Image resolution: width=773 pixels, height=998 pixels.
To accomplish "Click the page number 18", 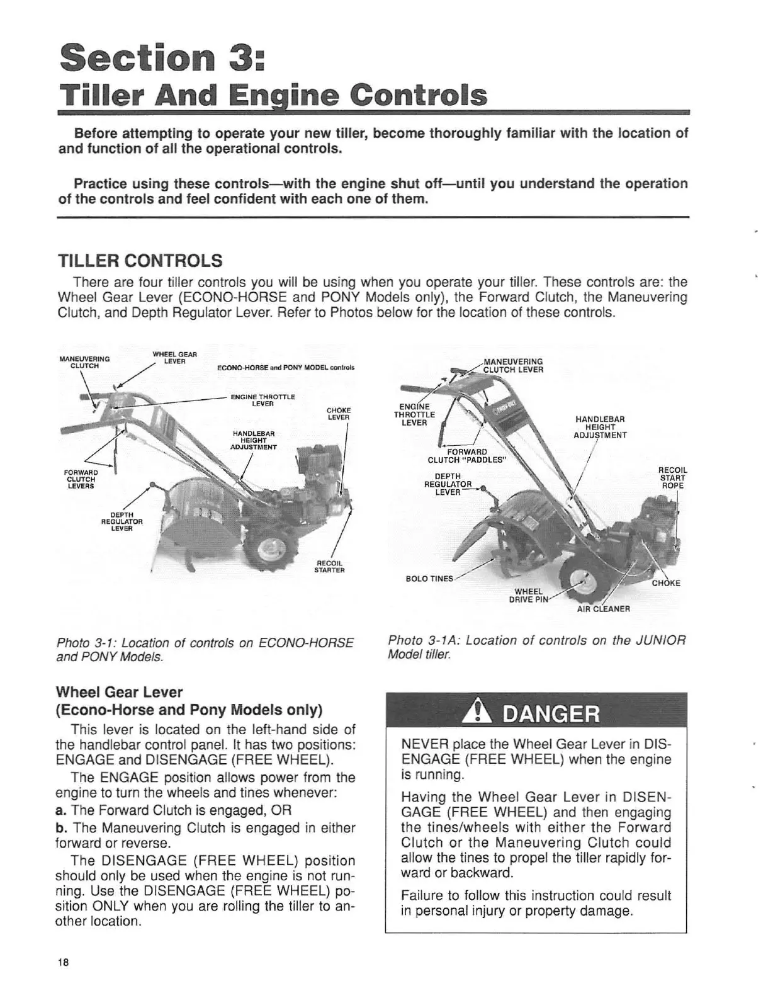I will tap(63, 962).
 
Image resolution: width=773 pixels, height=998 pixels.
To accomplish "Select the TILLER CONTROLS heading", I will tap(140, 260).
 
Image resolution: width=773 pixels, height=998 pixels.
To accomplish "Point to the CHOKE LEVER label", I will tap(339, 414).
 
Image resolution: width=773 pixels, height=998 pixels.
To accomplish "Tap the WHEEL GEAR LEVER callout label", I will tap(175, 358).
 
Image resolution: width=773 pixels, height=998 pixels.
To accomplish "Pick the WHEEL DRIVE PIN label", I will tap(528, 595).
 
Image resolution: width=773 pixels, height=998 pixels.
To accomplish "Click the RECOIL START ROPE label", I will tap(672, 477).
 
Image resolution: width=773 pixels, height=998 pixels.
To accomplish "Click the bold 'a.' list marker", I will tap(62, 810).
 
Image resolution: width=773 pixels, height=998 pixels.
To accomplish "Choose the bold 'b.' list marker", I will tap(62, 827).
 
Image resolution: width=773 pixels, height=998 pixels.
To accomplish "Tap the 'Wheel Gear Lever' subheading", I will tap(120, 693).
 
